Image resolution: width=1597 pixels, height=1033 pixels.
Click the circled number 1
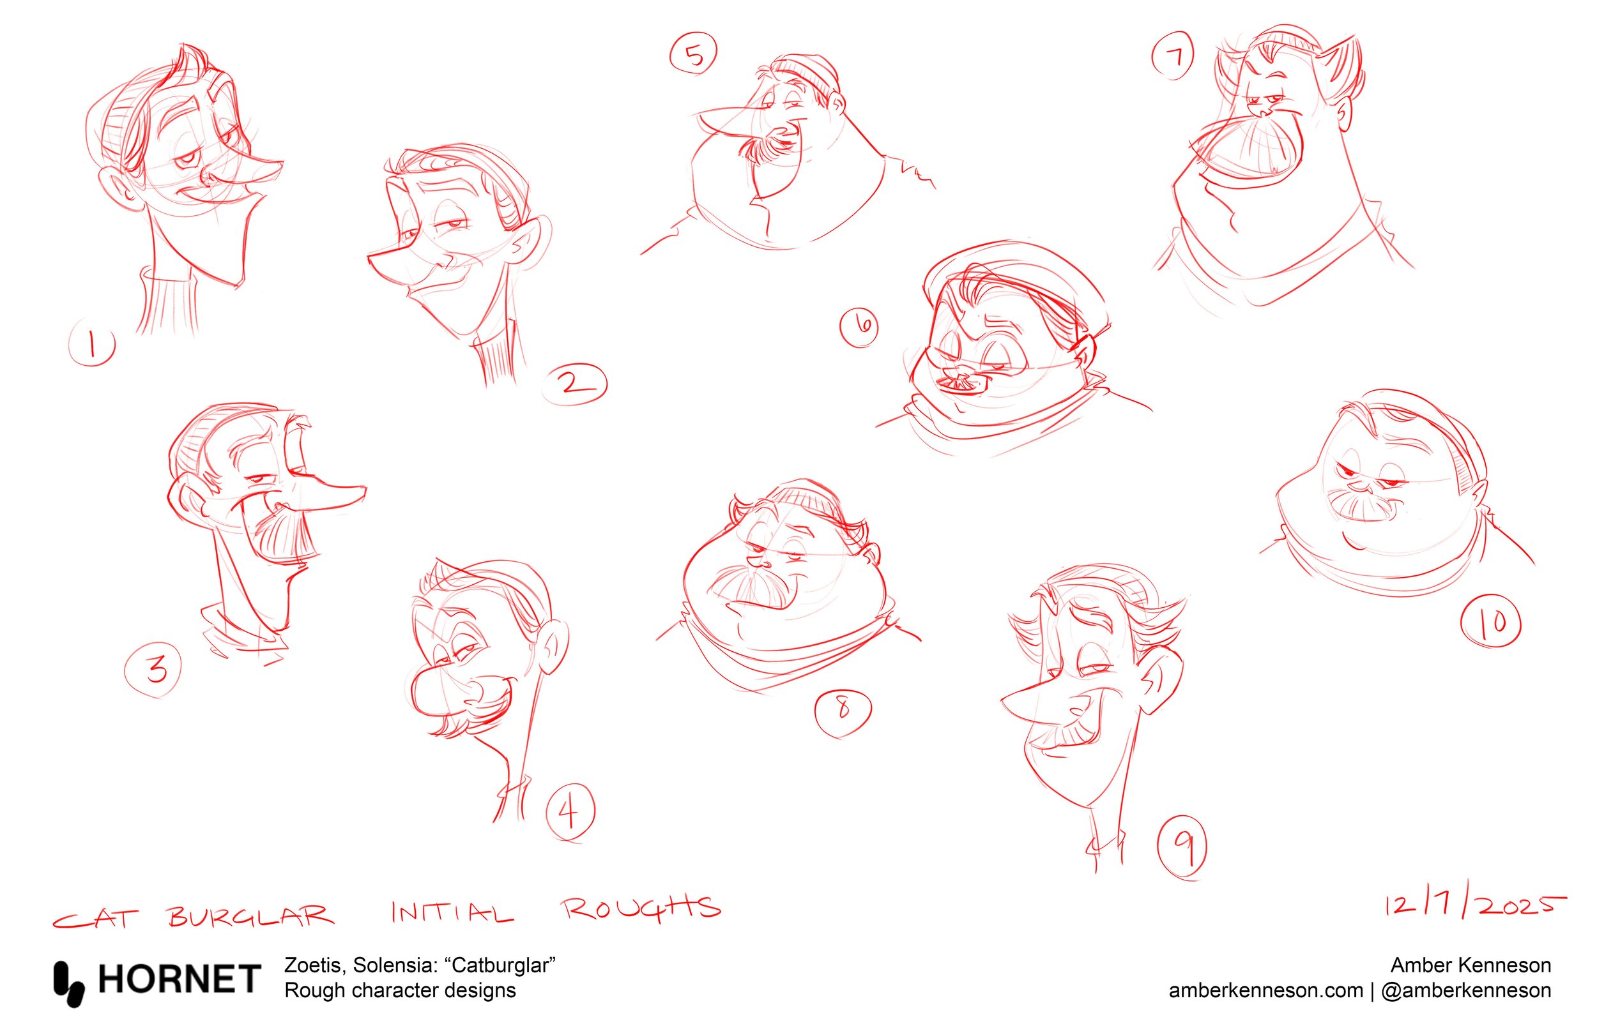coord(92,345)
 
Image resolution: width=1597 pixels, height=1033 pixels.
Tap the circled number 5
coord(693,54)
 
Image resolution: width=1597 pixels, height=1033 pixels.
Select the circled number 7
coord(1173,57)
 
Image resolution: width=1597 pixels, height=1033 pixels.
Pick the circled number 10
coord(1491,623)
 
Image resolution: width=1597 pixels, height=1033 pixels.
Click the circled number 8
coord(843,710)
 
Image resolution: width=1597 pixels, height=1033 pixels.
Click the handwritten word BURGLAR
coord(250,915)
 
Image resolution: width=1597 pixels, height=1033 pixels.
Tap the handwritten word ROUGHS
coord(641,909)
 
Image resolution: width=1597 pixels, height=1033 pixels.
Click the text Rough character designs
coord(400,991)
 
